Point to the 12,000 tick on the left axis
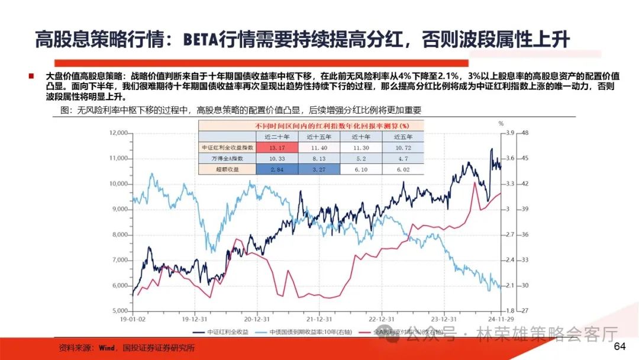(x=119, y=133)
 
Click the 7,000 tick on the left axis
(x=121, y=260)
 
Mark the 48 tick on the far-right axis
(x=525, y=133)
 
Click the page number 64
(x=619, y=346)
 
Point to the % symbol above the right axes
(x=500, y=123)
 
